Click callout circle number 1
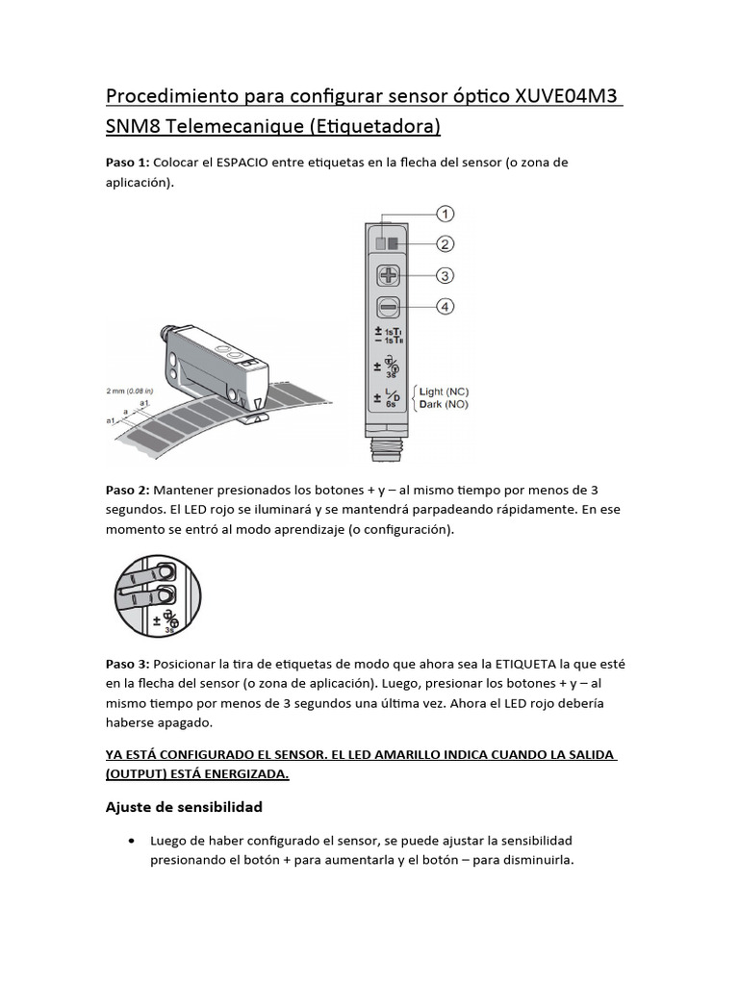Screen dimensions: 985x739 click(445, 213)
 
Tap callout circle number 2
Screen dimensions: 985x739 click(445, 243)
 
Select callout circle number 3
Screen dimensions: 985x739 click(445, 276)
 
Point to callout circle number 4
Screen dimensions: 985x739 click(445, 307)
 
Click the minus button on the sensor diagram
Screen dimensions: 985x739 click(389, 308)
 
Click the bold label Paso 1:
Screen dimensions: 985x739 click(127, 163)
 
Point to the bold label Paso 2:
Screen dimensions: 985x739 click(127, 491)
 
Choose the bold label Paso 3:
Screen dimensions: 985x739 click(127, 665)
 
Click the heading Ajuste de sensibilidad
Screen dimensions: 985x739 click(183, 806)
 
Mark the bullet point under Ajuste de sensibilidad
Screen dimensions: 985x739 click(131, 841)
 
